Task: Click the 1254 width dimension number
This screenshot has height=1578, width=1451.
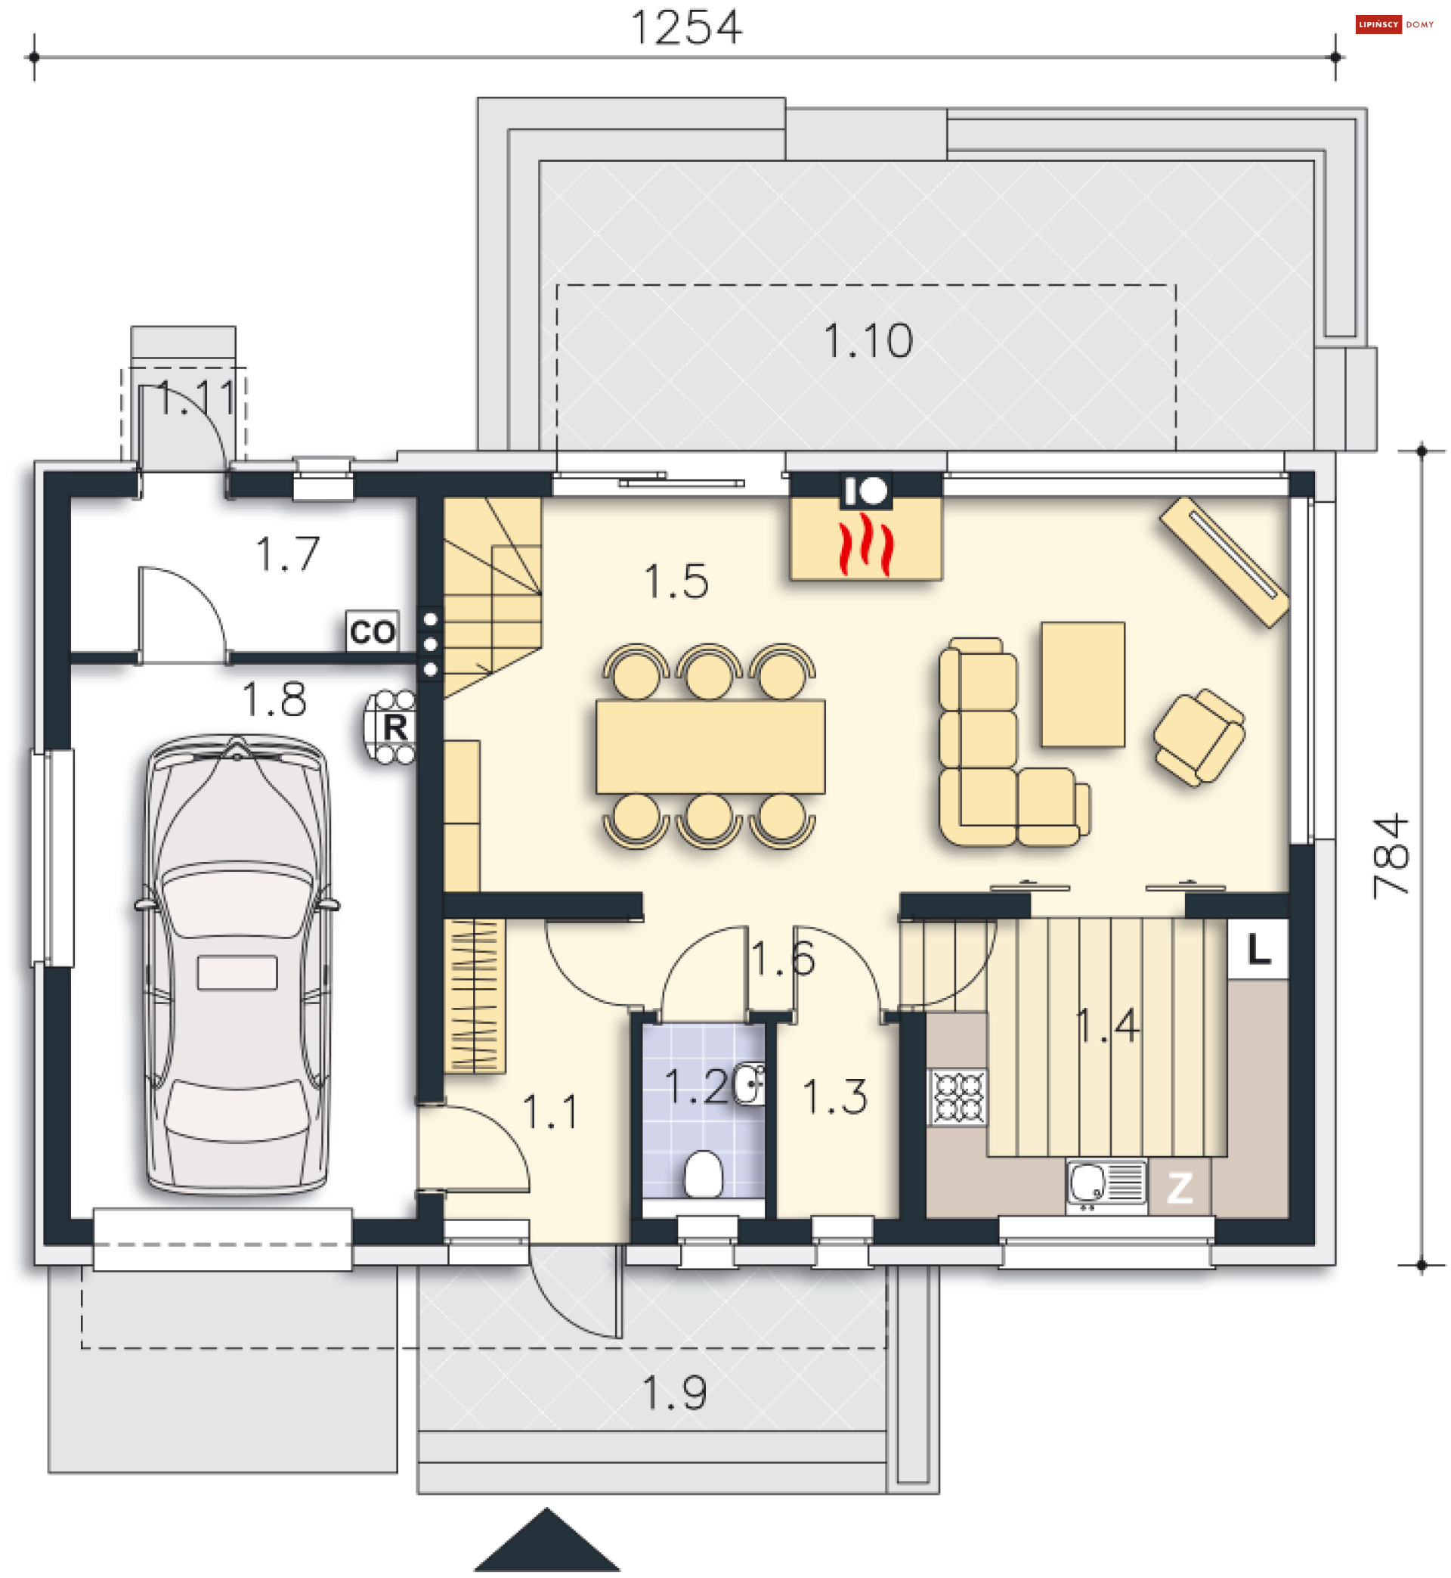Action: point(685,28)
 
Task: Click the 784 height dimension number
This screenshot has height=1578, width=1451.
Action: point(1391,855)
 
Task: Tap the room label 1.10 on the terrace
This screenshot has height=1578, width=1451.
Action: point(868,341)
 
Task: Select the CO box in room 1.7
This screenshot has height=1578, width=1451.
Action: point(372,631)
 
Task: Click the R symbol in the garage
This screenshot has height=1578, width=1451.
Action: point(395,727)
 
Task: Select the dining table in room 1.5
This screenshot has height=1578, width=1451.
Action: point(710,746)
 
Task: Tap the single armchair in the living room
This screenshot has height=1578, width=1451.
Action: point(1198,736)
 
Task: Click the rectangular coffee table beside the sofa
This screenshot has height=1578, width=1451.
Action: point(1083,684)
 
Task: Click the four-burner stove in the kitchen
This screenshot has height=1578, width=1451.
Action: point(958,1096)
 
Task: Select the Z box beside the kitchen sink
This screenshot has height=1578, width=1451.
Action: point(1180,1189)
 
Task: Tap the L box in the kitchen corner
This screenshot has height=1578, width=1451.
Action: point(1258,950)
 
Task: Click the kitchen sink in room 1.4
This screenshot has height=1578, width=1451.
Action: point(1106,1185)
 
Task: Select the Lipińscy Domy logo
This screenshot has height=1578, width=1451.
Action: point(1394,24)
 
